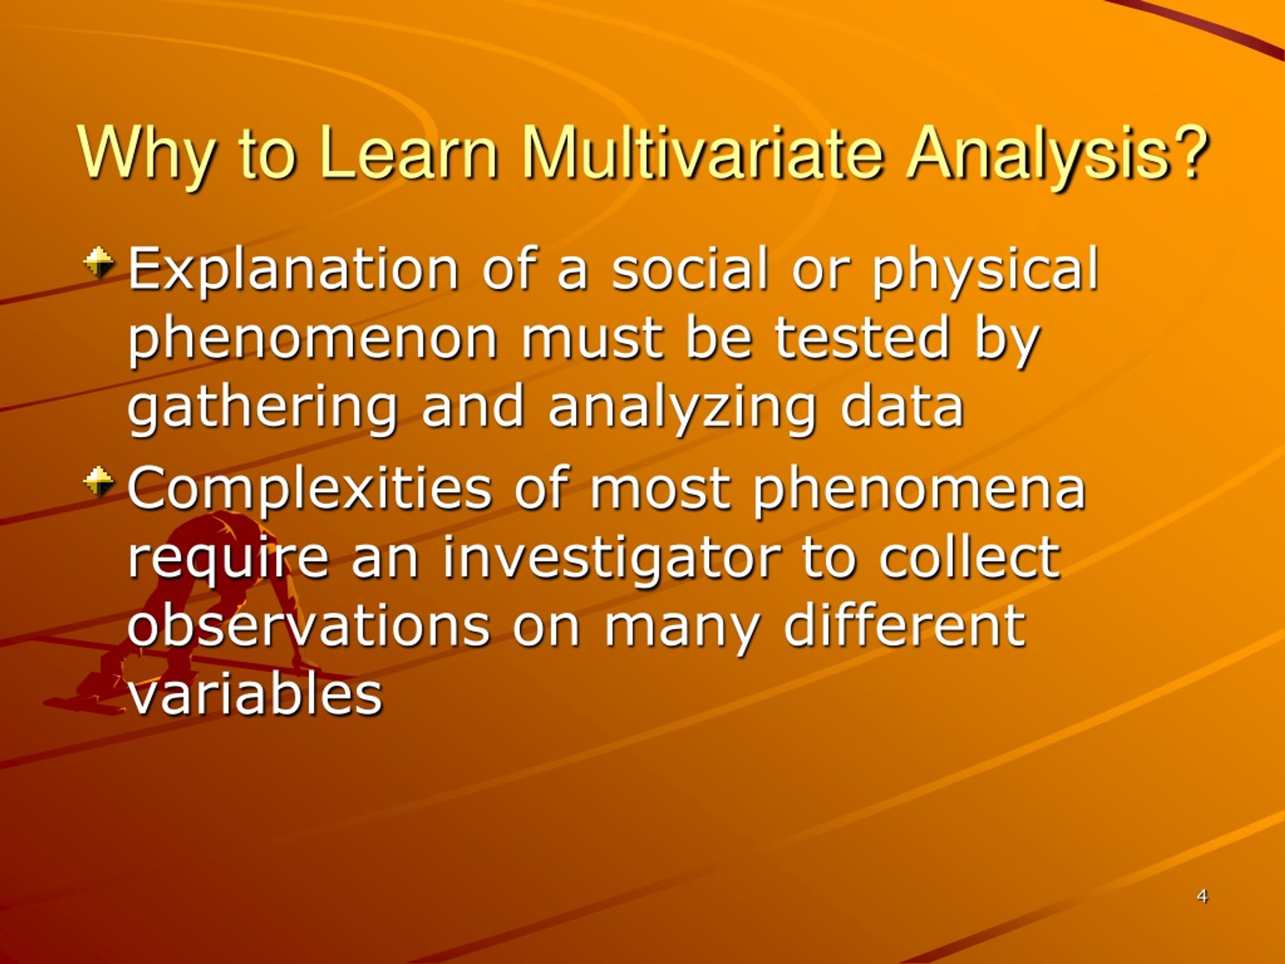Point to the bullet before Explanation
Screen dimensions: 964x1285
tap(98, 262)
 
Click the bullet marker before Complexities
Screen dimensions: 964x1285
tap(98, 481)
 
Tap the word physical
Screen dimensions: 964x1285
tap(985, 269)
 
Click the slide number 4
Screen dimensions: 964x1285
tap(1203, 897)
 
